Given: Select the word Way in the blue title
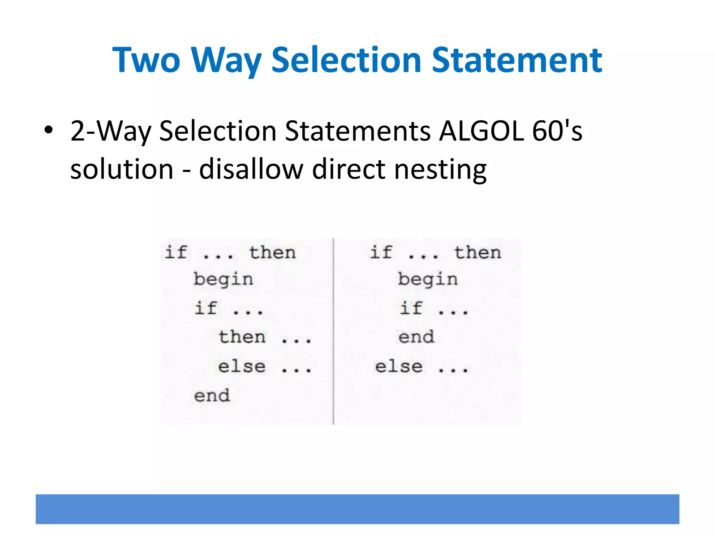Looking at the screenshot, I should [227, 61].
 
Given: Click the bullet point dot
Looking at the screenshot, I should [49, 130].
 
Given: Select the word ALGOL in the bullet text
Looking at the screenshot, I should [481, 131].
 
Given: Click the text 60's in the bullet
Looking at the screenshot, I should [557, 131].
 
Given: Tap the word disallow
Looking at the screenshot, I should [251, 169].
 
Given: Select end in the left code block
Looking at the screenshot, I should [212, 396].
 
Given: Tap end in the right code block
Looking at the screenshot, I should [416, 337].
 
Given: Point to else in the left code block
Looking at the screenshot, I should [242, 366].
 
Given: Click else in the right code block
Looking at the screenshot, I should [399, 366].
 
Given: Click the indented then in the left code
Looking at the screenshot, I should [242, 337].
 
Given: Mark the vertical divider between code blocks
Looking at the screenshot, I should [333, 332].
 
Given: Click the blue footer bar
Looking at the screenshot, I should [357, 509].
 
